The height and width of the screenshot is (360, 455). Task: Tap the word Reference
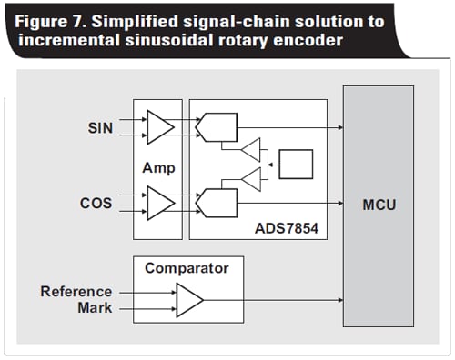76,291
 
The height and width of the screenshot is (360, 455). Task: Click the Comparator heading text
187,268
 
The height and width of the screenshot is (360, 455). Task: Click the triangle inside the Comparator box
188,298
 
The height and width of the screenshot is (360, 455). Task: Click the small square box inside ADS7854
296,165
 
